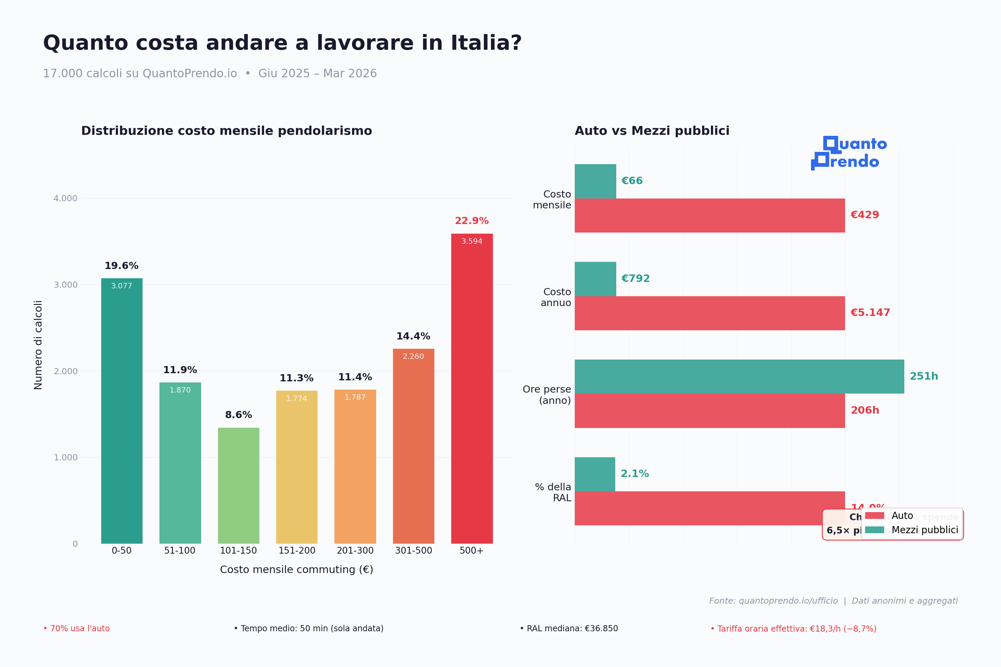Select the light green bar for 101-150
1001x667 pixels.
coord(238,486)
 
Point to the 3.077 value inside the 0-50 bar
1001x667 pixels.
coord(122,286)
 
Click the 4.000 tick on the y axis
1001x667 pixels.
coord(65,198)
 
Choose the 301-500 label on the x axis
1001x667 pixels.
coord(413,551)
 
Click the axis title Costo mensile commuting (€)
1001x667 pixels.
coord(297,570)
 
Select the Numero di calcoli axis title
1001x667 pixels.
coord(38,345)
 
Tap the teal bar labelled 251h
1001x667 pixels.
coord(739,377)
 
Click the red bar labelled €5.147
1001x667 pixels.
coord(709,313)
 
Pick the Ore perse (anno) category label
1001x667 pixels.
coord(547,395)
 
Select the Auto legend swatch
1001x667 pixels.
coord(874,515)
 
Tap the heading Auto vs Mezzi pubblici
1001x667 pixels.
coord(652,131)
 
